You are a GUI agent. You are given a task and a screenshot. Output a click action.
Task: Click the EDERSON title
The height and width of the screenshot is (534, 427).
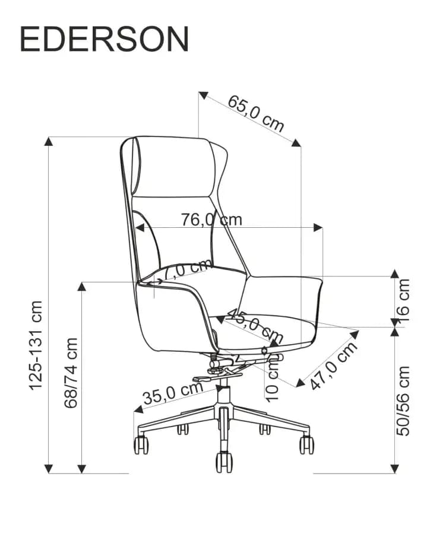point(105,39)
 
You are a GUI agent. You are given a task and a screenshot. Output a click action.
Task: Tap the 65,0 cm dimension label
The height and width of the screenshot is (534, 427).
point(255,113)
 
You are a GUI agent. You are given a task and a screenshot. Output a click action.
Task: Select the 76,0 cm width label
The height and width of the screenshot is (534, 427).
point(211,220)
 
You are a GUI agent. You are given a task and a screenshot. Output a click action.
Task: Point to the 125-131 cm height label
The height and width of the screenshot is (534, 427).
point(36,345)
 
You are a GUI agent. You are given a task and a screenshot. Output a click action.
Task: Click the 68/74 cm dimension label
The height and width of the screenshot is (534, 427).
point(71,373)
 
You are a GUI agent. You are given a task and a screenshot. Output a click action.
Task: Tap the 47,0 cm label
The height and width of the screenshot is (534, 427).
point(334,365)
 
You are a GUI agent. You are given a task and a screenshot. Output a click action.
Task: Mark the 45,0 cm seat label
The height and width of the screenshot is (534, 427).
point(255,326)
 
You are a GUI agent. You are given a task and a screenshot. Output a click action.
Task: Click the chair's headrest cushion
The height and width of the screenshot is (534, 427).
point(175,167)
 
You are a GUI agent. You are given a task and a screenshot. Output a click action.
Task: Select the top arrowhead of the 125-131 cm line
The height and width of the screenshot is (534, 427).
point(49,141)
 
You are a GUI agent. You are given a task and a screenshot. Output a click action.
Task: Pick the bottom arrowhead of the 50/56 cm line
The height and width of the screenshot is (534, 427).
point(394,469)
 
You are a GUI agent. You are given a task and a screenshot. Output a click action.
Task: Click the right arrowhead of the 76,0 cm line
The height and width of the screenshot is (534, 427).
point(318,227)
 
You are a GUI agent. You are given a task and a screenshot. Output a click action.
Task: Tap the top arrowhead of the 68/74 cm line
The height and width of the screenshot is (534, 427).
point(81,287)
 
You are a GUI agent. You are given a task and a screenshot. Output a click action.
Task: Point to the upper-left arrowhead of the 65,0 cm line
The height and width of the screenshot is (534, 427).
point(203,96)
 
